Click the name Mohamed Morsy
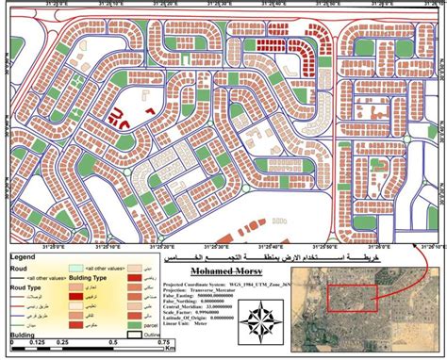click(222, 270)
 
